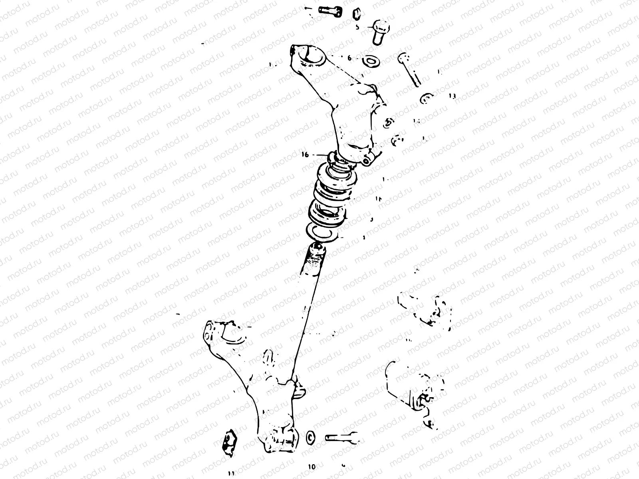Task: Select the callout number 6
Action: [x=349, y=58]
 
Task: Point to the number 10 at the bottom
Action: [x=312, y=466]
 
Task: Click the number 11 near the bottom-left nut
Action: [x=231, y=473]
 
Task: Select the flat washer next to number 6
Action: [x=371, y=61]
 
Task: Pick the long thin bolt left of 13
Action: [x=410, y=70]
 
